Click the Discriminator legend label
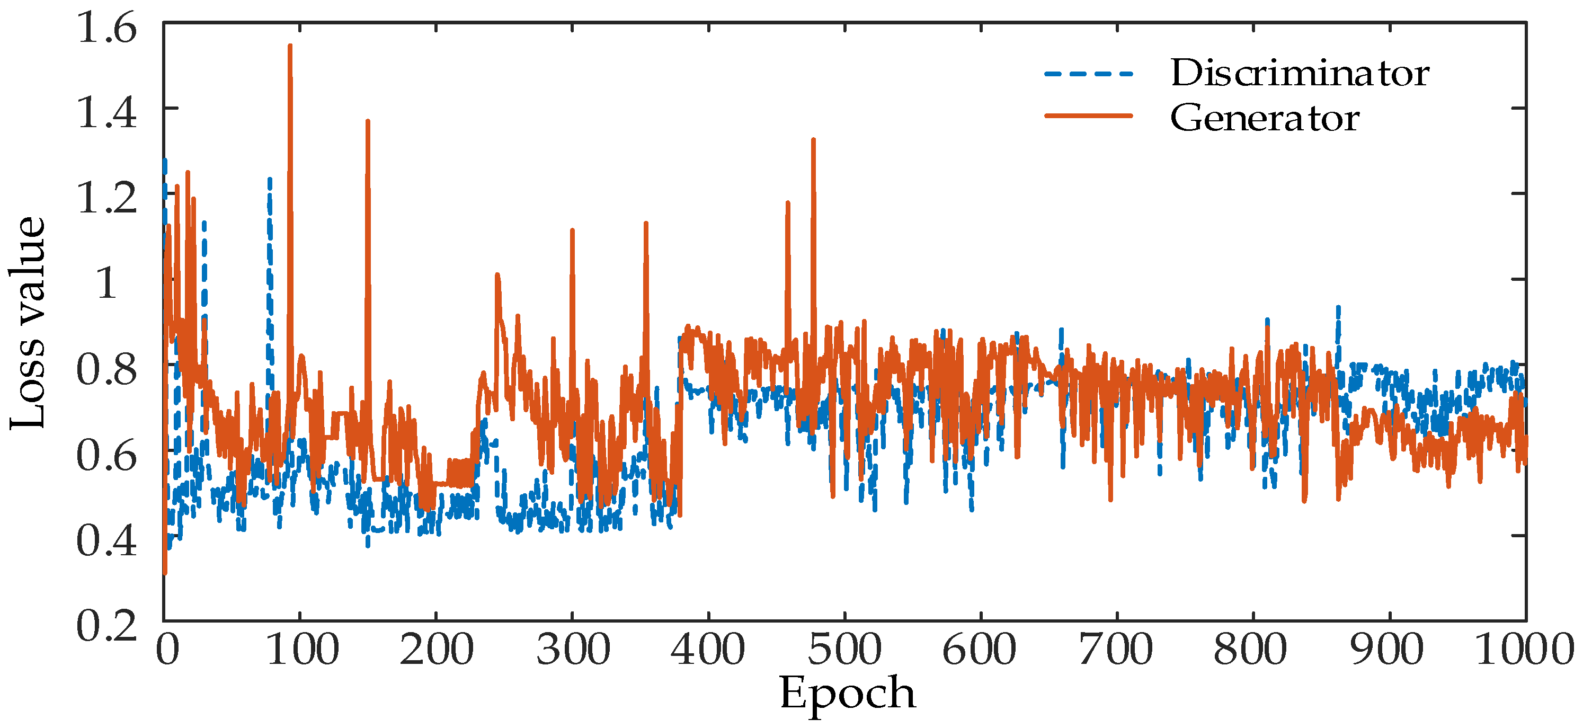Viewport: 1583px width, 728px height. click(x=1299, y=73)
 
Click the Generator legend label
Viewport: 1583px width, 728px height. click(x=1264, y=118)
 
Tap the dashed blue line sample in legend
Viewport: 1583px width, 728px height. click(x=1088, y=74)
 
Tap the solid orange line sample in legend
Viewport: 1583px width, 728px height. click(x=1088, y=116)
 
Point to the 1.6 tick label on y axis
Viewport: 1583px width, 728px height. click(x=106, y=29)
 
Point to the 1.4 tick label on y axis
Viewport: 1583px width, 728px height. click(x=106, y=114)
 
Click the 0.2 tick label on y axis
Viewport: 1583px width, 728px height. click(x=106, y=626)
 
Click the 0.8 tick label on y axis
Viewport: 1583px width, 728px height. click(x=106, y=370)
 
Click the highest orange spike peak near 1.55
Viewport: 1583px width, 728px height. click(x=290, y=46)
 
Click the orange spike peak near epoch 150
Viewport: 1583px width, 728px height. click(x=368, y=122)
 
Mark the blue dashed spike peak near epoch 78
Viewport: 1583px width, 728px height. click(x=269, y=180)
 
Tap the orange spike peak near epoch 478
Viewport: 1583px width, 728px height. click(x=813, y=140)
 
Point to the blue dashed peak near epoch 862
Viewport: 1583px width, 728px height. click(x=1338, y=307)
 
